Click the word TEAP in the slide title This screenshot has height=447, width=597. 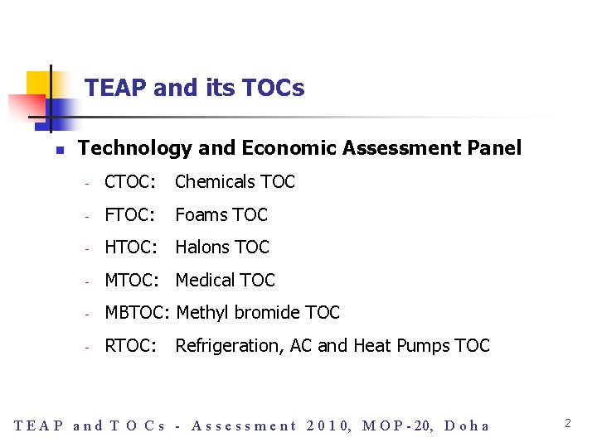tap(112, 88)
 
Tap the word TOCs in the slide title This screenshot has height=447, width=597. tap(276, 88)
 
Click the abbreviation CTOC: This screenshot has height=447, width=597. tap(130, 181)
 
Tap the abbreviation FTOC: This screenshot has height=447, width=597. tap(130, 214)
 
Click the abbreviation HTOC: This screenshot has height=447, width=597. tap(130, 247)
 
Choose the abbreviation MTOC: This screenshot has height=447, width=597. tap(131, 280)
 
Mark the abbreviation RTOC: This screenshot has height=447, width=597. tap(130, 345)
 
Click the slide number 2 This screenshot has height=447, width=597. tap(568, 423)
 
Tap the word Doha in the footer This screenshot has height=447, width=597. tap(467, 426)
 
